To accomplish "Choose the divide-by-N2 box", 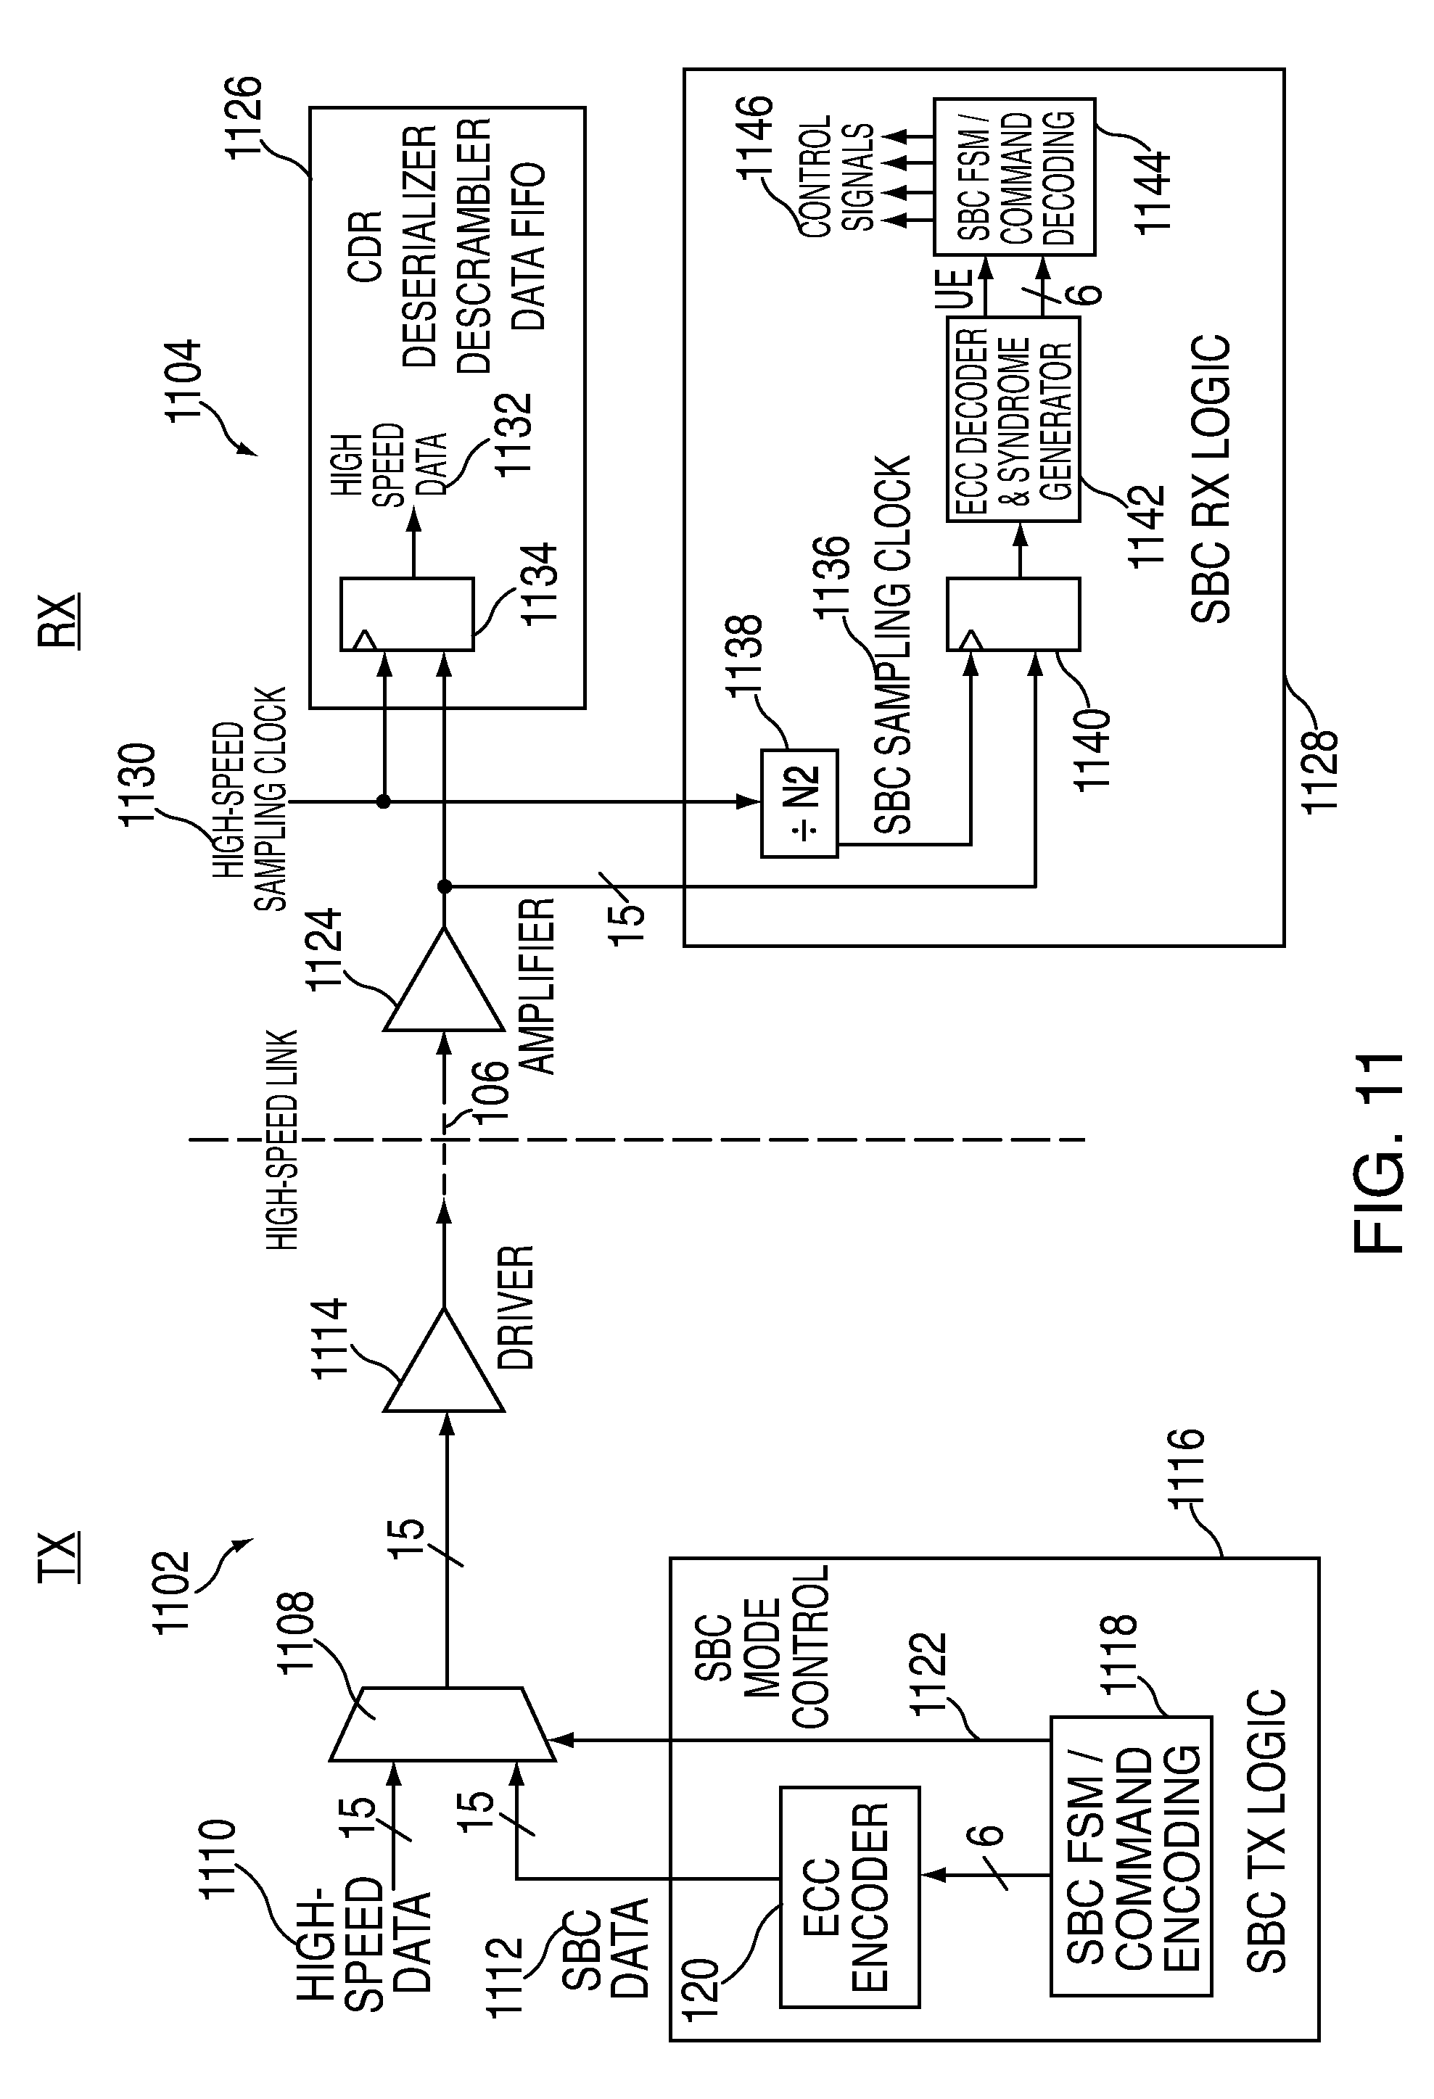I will click(x=799, y=802).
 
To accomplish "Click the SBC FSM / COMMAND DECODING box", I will click(x=1013, y=176).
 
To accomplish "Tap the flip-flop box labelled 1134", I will click(x=406, y=614).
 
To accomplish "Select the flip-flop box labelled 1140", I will click(x=1013, y=614).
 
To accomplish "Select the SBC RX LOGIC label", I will click(x=1211, y=479).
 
